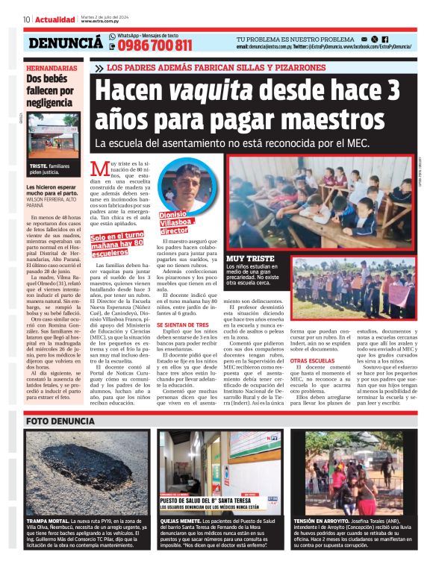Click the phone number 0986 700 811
pos(155,45)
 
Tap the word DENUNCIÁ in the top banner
pos(66,43)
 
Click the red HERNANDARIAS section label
pos(50,68)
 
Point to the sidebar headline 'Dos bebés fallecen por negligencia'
pos(51,91)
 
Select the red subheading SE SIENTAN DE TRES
pos(160,345)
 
